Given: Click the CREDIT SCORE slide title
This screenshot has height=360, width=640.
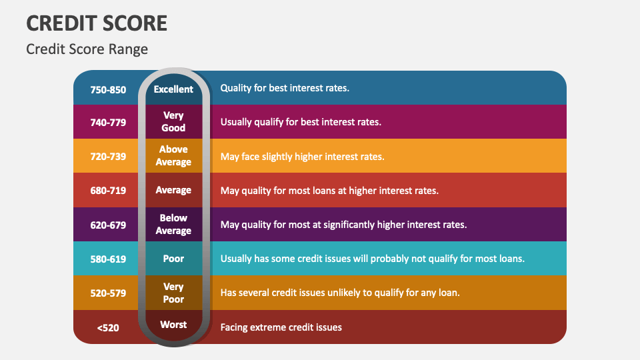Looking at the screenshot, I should click(97, 23).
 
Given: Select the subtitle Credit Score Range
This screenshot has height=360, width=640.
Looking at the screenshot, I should click(87, 49).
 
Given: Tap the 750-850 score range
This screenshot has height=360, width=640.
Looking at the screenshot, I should click(108, 89).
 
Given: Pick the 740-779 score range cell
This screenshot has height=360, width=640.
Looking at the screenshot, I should click(108, 122).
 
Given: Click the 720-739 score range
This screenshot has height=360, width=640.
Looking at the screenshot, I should click(108, 156).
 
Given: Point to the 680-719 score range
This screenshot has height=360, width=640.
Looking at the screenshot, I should click(108, 190).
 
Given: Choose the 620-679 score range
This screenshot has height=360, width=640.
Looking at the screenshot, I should click(108, 225).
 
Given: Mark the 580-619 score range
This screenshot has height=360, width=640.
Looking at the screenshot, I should click(108, 259).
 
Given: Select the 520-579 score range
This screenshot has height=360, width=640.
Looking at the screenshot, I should click(108, 293).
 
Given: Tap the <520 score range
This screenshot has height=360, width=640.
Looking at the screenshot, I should click(108, 327).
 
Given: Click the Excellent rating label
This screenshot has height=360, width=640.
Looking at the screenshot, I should click(173, 89).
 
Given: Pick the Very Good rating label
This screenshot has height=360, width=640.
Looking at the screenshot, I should click(173, 121).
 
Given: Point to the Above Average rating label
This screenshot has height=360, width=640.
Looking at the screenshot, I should click(173, 155).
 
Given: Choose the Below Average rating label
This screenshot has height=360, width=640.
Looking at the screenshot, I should click(173, 224).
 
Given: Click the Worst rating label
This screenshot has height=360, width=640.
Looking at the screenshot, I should click(173, 325).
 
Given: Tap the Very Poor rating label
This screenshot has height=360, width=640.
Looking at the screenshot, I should click(173, 293).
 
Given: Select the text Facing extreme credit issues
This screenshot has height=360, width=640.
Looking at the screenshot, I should click(281, 327).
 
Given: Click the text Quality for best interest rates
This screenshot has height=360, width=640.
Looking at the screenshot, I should click(285, 88).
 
